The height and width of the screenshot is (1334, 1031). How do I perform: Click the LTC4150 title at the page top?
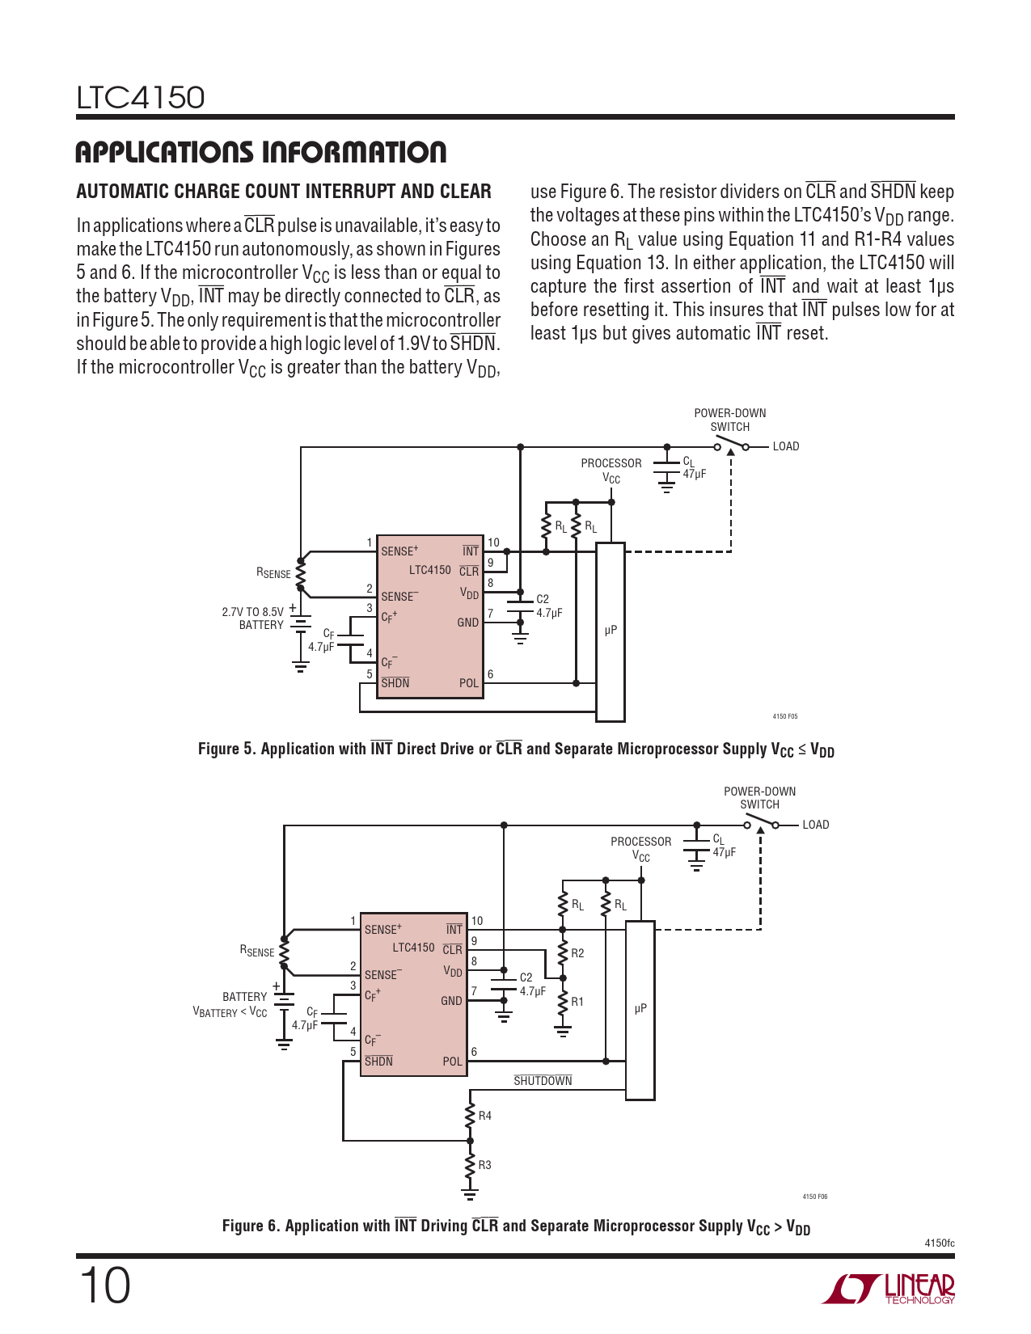point(141,98)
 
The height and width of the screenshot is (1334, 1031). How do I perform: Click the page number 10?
point(104,1285)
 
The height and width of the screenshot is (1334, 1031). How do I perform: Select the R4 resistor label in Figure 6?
point(485,1116)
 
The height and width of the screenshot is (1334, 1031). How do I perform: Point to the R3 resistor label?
point(485,1165)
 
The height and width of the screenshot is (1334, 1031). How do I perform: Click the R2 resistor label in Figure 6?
point(577,953)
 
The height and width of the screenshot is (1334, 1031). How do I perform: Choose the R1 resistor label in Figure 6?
point(577,1002)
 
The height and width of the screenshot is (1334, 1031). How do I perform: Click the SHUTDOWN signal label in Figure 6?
point(543,1081)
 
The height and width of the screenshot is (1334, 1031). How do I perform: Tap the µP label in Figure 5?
point(611,630)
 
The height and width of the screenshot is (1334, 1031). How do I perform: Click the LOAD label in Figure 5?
point(785,446)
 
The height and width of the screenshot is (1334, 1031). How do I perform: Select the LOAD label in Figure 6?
point(815,825)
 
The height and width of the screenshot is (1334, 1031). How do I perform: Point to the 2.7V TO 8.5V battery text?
point(252,612)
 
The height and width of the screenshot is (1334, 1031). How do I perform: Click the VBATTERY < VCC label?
point(230,1011)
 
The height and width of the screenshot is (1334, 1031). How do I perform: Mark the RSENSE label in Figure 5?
point(273,573)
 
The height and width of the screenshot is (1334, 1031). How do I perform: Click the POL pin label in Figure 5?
point(469,683)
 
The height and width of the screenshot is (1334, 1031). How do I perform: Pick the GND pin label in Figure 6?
point(451,1001)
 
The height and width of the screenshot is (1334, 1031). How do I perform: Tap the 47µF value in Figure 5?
point(695,474)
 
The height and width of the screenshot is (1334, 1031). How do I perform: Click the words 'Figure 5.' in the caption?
point(226,749)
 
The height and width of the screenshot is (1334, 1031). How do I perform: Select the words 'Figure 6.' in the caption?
point(250,1226)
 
